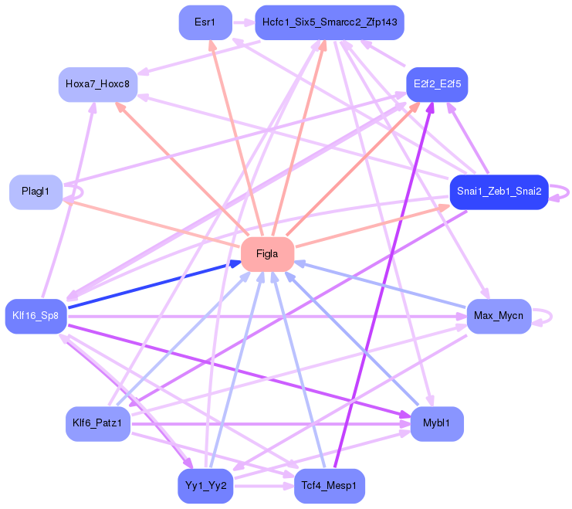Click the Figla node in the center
click(x=267, y=254)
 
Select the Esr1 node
click(x=205, y=22)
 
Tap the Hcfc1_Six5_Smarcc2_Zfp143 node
click(x=330, y=22)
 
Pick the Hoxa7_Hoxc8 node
click(x=98, y=84)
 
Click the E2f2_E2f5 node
click(x=437, y=84)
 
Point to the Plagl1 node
click(x=36, y=192)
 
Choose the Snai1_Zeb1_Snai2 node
click(x=499, y=192)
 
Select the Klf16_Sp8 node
click(x=36, y=316)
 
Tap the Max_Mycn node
click(x=499, y=316)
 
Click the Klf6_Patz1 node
click(x=98, y=424)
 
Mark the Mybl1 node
click(x=437, y=424)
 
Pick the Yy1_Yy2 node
click(x=205, y=486)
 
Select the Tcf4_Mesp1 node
click(x=330, y=486)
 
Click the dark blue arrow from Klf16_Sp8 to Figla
click(x=154, y=285)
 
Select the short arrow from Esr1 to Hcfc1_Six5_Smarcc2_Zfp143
click(x=244, y=22)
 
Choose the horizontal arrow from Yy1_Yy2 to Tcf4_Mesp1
click(x=264, y=487)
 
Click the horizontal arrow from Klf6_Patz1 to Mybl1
click(x=271, y=424)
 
